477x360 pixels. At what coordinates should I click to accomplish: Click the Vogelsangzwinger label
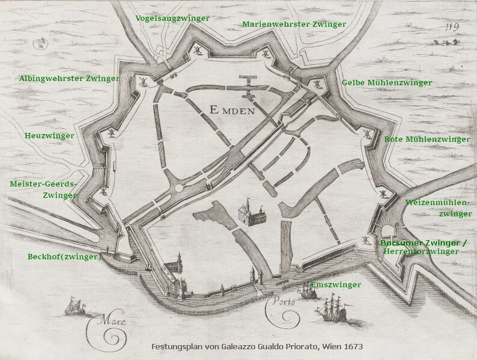coord(172,18)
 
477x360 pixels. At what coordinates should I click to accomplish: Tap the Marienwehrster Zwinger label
coord(294,25)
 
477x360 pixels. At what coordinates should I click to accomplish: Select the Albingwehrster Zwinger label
coord(69,78)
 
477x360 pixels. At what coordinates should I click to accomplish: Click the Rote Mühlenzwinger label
coord(427,139)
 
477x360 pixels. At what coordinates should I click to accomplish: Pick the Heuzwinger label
coord(50,136)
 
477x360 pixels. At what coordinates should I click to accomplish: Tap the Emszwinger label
coord(336,284)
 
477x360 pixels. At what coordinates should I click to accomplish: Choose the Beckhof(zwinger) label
coord(65,257)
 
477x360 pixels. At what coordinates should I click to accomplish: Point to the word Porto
coord(281,302)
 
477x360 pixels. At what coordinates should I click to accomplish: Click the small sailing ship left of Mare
coord(73,308)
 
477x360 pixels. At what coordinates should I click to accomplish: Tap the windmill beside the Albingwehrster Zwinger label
coord(143,80)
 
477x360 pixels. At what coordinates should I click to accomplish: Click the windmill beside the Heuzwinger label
coord(112,131)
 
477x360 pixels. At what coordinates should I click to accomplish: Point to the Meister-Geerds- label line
coord(43,184)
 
